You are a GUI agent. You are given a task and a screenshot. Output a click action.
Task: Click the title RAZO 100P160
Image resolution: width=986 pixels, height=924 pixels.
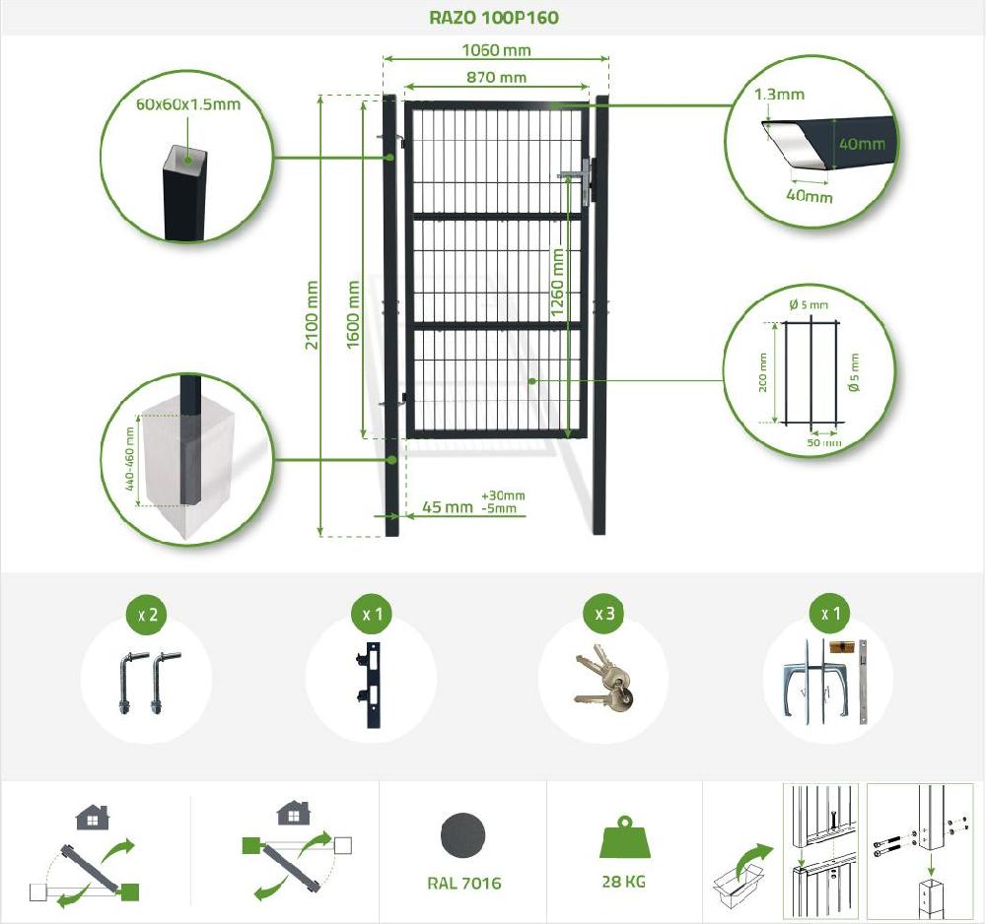pyautogui.click(x=494, y=17)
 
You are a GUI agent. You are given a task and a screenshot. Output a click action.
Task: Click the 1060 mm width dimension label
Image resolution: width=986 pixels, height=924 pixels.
pyautogui.click(x=496, y=49)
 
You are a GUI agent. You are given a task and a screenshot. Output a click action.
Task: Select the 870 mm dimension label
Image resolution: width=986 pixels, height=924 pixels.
pyautogui.click(x=496, y=77)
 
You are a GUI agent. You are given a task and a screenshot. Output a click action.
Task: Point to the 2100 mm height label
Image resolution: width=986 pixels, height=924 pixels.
pyautogui.click(x=312, y=314)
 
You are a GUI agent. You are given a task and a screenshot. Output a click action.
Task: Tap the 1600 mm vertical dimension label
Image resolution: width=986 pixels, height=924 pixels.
pyautogui.click(x=353, y=314)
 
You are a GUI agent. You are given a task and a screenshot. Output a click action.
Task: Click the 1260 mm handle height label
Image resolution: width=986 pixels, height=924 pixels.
pyautogui.click(x=557, y=282)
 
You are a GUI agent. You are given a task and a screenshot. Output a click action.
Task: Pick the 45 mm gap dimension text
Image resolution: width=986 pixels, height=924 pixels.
pyautogui.click(x=447, y=506)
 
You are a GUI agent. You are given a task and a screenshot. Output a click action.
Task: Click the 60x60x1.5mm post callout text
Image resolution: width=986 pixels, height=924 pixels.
pyautogui.click(x=188, y=104)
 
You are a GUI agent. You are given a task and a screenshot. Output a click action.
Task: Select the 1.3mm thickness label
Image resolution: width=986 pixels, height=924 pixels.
pyautogui.click(x=779, y=95)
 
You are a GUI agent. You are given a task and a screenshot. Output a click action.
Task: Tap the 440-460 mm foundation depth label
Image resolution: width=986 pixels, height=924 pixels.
pyautogui.click(x=129, y=458)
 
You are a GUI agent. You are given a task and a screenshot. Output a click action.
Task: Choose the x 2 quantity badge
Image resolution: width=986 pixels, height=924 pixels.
pyautogui.click(x=148, y=614)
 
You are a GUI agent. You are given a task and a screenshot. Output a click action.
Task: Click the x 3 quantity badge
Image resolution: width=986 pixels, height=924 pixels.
pyautogui.click(x=604, y=613)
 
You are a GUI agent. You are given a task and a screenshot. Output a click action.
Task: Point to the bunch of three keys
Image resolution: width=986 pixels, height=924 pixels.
pyautogui.click(x=603, y=681)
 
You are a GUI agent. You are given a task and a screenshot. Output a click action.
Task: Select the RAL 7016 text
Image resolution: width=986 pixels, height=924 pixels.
pyautogui.click(x=464, y=884)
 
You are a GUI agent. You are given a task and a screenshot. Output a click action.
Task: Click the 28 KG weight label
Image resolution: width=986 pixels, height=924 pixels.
pyautogui.click(x=623, y=882)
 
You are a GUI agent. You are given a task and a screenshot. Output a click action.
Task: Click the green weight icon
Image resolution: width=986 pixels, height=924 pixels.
pyautogui.click(x=623, y=836)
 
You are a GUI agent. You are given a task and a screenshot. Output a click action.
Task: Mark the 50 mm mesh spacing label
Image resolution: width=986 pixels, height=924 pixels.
pyautogui.click(x=823, y=443)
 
